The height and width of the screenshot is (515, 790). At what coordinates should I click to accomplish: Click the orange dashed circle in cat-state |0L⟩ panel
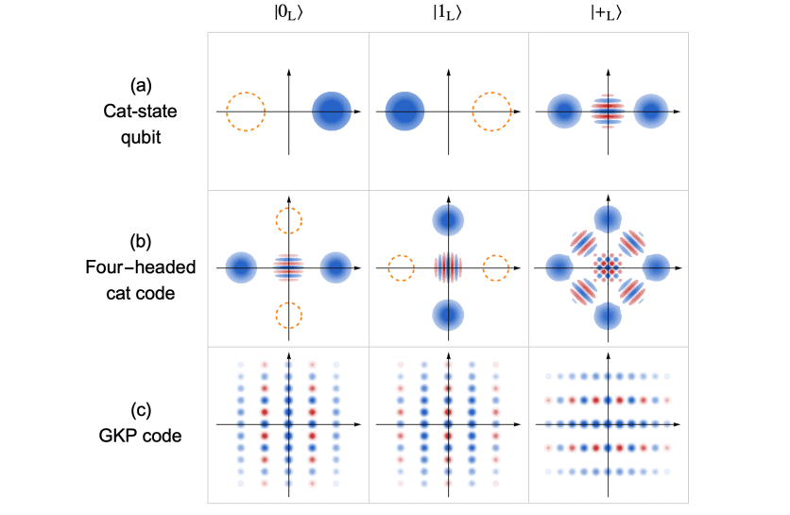[x=245, y=112]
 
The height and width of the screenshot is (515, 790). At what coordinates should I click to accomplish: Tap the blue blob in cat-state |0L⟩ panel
[x=332, y=112]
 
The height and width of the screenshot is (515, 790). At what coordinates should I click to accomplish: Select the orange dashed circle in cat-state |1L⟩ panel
[x=491, y=112]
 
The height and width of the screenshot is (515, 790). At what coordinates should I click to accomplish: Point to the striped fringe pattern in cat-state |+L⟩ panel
[x=608, y=112]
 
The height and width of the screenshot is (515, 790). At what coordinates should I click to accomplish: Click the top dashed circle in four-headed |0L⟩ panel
[x=288, y=221]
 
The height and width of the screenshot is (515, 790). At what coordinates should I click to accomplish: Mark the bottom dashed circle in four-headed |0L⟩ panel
[x=288, y=315]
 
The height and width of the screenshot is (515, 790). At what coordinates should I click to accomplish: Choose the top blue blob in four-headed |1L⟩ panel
[x=448, y=221]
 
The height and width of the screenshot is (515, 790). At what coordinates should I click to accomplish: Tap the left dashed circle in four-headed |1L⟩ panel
[x=402, y=267]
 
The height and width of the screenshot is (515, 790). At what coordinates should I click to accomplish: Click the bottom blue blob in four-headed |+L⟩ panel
[x=608, y=315]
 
